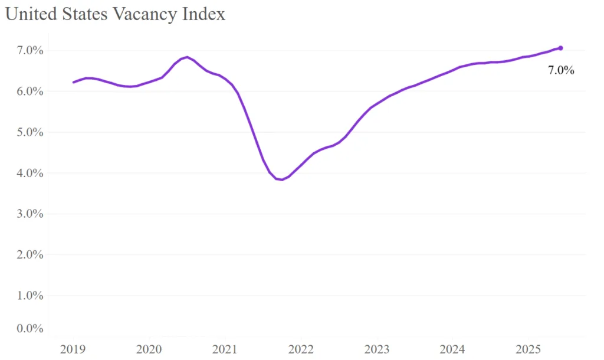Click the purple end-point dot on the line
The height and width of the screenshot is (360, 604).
pyautogui.click(x=560, y=48)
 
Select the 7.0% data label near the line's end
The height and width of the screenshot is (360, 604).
pyautogui.click(x=561, y=70)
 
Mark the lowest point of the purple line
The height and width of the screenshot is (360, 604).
pyautogui.click(x=282, y=179)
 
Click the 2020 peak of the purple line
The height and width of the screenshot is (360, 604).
pyautogui.click(x=187, y=57)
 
